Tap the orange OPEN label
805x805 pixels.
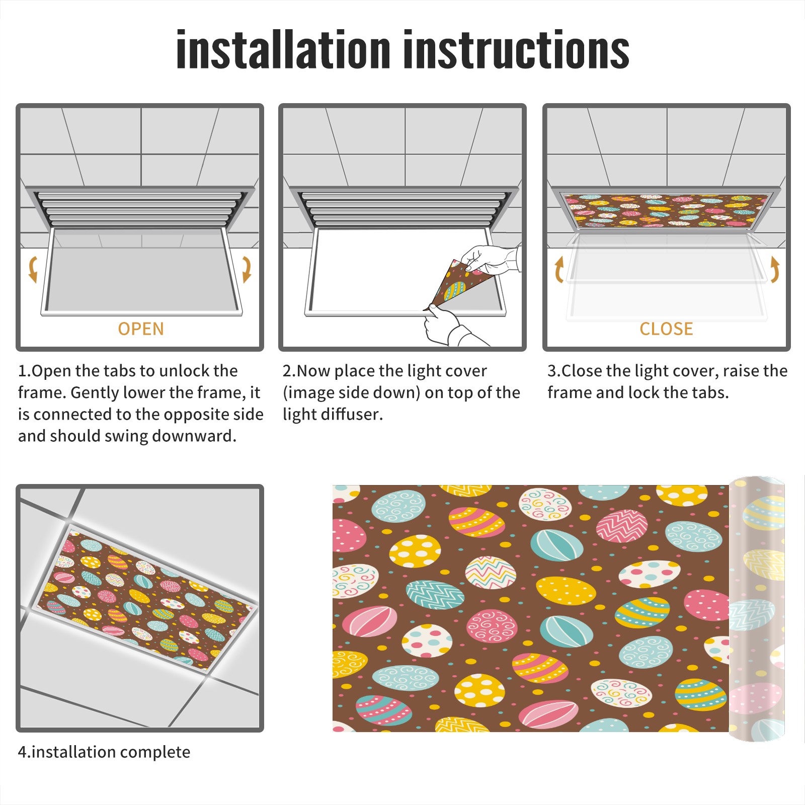pos(141,329)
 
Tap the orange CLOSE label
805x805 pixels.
pos(666,329)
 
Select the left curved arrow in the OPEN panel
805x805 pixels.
pos(33,269)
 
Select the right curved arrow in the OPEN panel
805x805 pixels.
pos(247,269)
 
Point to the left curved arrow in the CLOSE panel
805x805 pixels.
pos(559,269)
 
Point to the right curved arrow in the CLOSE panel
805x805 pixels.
pos(775,269)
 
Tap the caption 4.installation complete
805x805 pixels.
pos(104,752)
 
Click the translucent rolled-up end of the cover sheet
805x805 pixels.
pos(757,609)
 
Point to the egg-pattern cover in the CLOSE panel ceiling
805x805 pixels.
pos(666,210)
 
